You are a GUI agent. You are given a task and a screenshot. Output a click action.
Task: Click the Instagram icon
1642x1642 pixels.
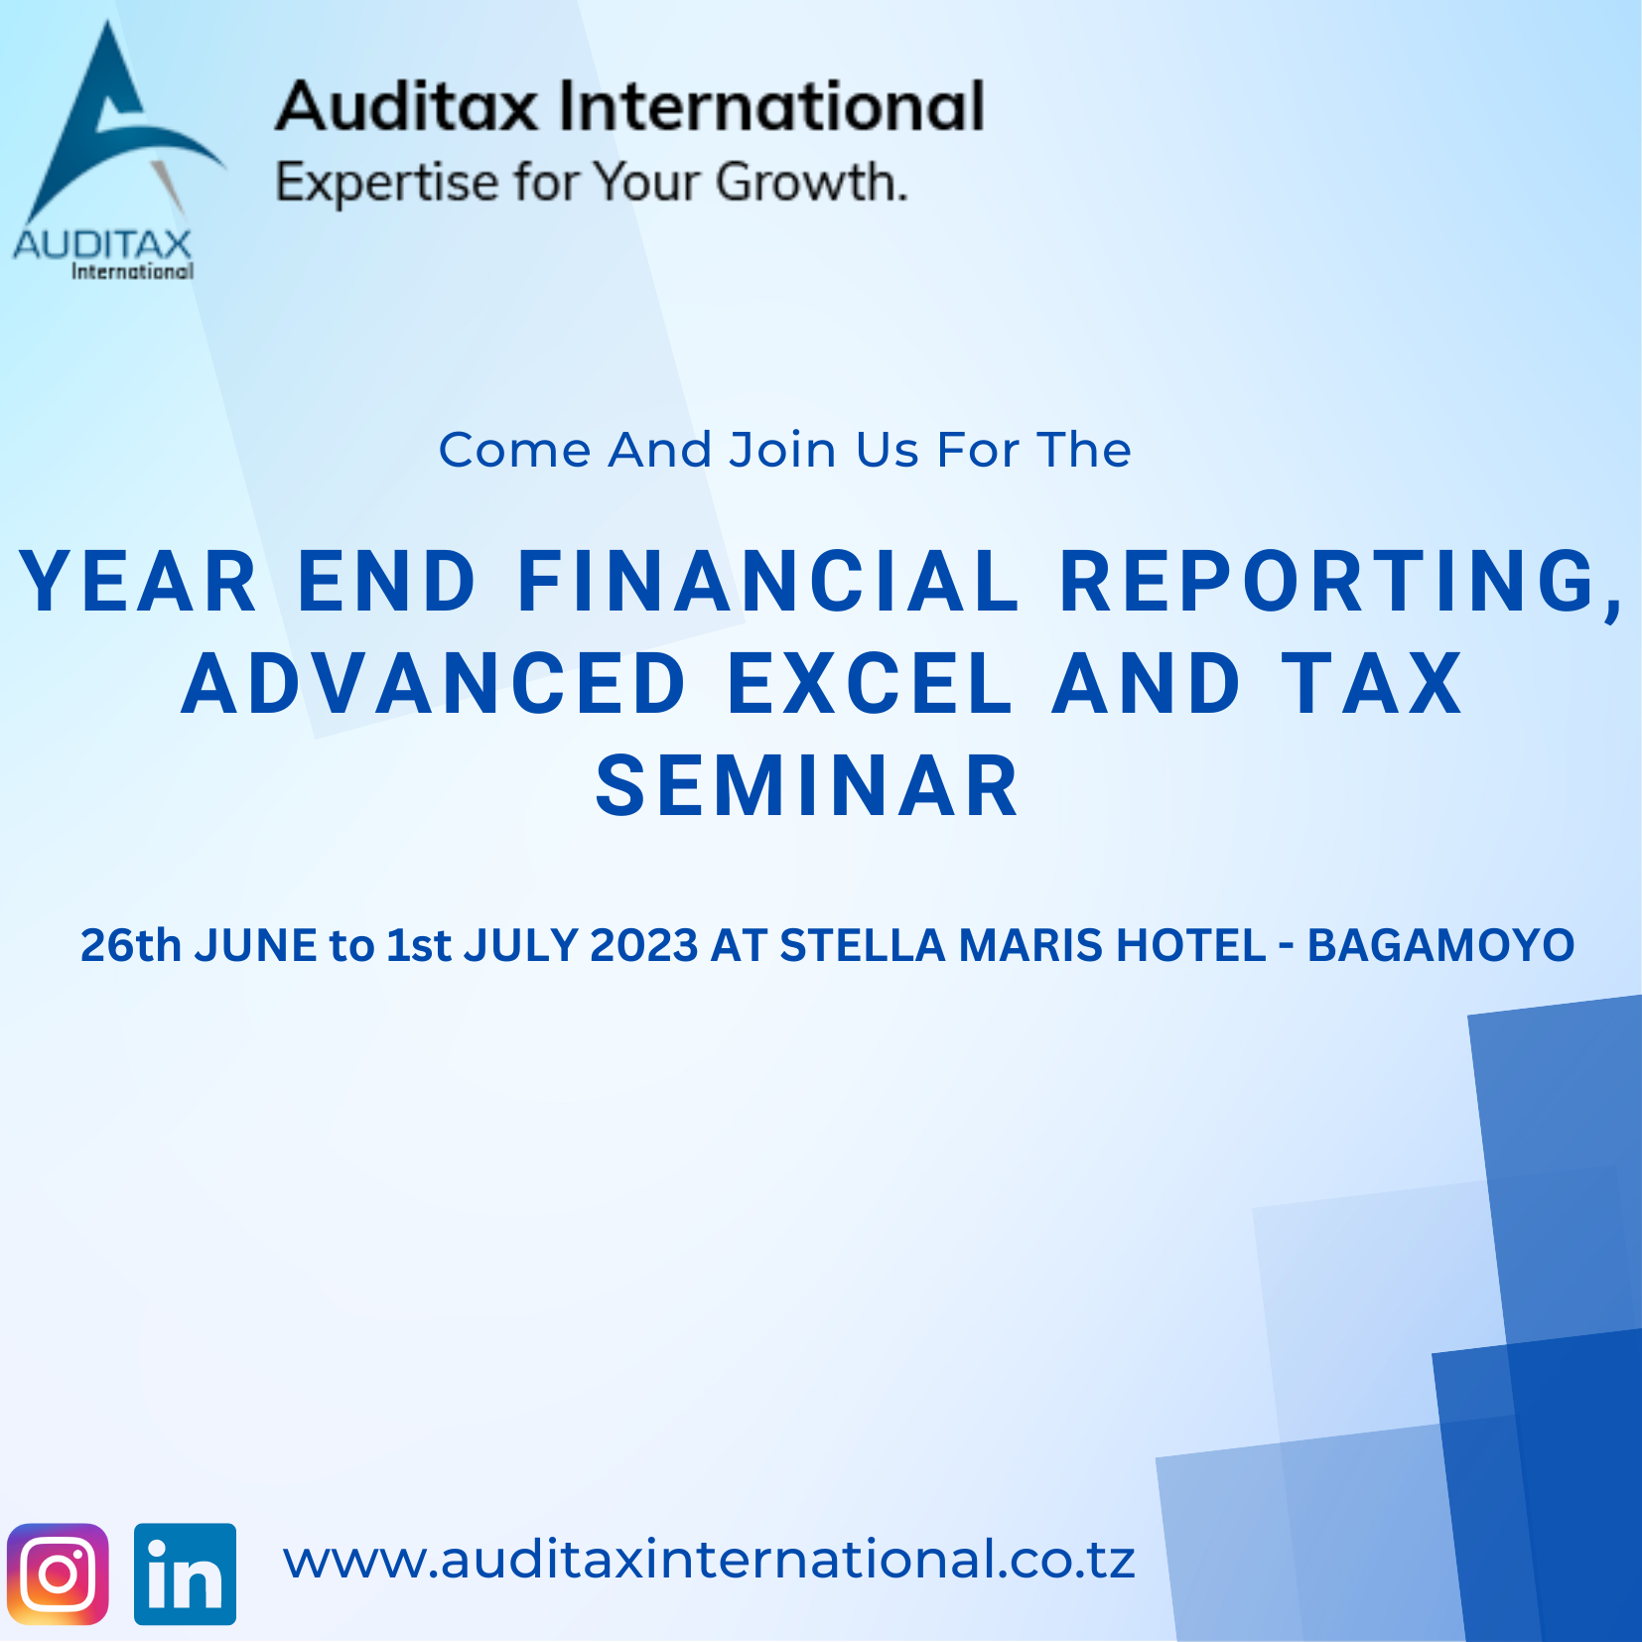[x=58, y=1574]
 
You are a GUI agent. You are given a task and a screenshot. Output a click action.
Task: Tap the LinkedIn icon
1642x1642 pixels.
[x=185, y=1574]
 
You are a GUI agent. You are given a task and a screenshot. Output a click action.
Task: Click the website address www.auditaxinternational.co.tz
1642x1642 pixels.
[x=709, y=1559]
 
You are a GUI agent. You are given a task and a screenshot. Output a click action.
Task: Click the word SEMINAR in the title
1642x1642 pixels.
[x=808, y=786]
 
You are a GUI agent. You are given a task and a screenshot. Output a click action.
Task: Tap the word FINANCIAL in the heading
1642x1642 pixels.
[x=768, y=582]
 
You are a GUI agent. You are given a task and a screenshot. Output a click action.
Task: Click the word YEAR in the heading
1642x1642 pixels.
[x=139, y=582]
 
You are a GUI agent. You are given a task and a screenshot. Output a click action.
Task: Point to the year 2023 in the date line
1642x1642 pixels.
[x=644, y=945]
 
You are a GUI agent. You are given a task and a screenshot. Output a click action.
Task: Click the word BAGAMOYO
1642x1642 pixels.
[x=1440, y=945]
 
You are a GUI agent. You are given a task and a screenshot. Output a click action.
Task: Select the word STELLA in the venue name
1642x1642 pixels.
[x=862, y=945]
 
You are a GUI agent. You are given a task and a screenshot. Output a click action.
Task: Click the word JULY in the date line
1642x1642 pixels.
[x=520, y=945]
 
